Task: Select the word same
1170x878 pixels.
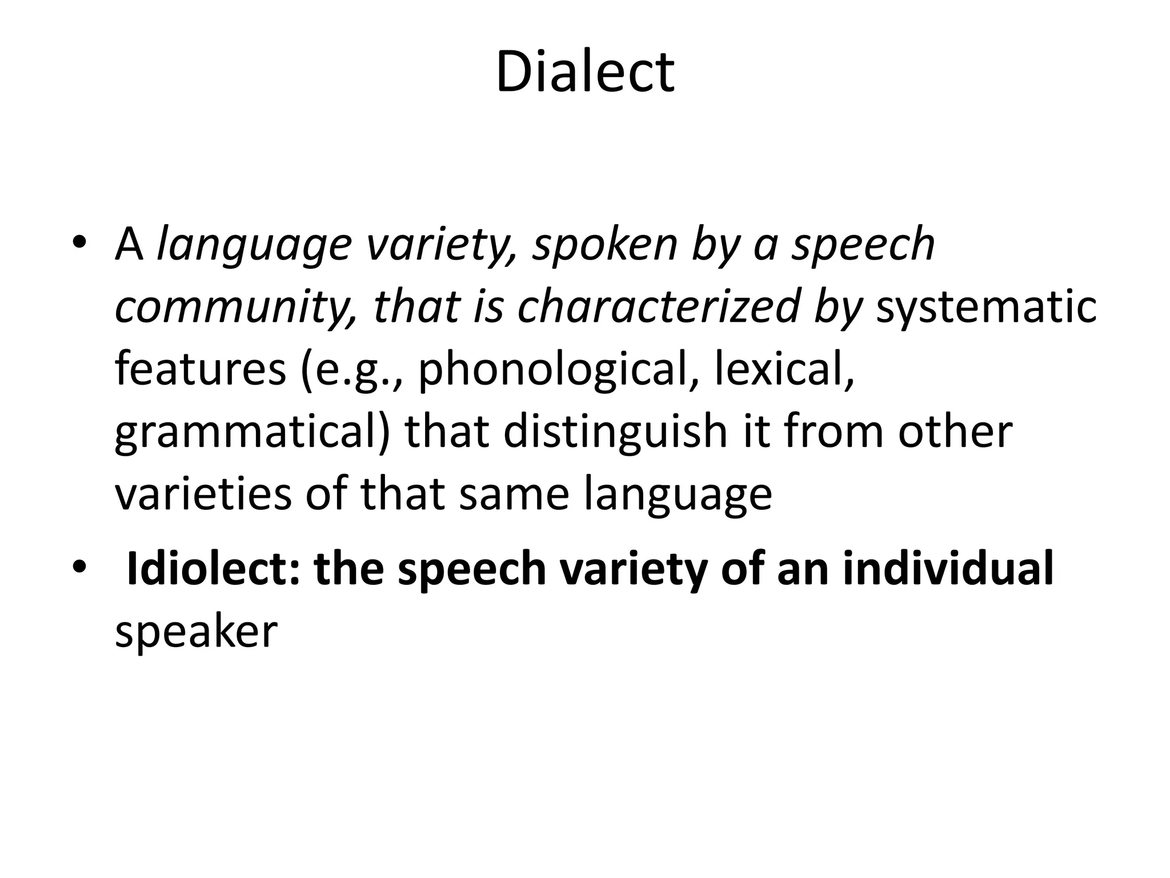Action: click(x=514, y=494)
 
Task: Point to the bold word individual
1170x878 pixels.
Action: click(x=948, y=569)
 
